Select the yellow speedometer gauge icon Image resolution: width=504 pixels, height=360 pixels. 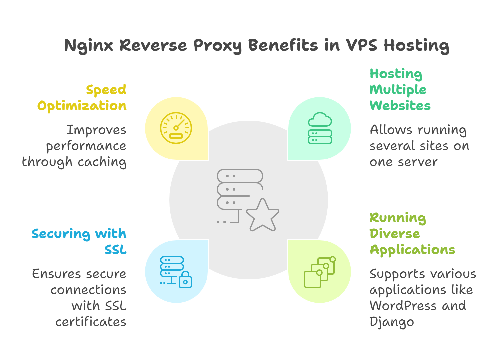(x=176, y=128)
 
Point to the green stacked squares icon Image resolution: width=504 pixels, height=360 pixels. (x=319, y=272)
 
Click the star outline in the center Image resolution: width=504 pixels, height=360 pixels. (x=263, y=216)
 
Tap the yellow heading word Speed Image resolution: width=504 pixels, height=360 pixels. (x=106, y=90)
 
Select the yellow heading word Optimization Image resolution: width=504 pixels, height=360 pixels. (x=82, y=106)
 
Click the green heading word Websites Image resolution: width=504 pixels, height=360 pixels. (x=400, y=106)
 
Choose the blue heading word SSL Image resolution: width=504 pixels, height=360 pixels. (x=115, y=250)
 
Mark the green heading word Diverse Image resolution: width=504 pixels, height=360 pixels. (x=395, y=234)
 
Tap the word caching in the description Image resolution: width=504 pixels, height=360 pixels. (x=102, y=162)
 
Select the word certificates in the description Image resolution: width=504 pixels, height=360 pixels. (x=91, y=322)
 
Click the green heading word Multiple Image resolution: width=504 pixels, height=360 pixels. (x=398, y=90)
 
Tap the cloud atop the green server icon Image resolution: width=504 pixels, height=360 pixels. (x=320, y=119)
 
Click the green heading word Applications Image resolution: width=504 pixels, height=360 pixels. (x=412, y=250)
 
